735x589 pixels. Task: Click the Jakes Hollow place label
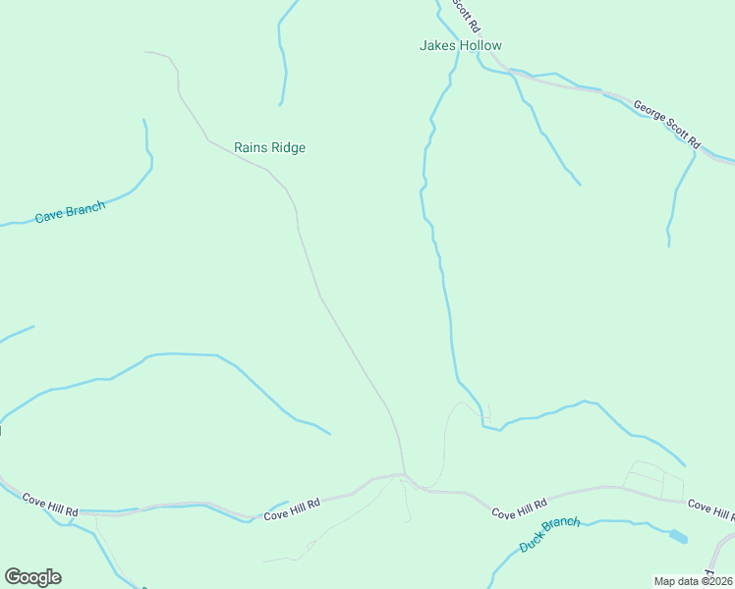coord(460,45)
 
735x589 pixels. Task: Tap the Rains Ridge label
coord(269,148)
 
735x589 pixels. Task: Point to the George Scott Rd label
coord(666,124)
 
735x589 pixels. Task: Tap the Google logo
coord(32,577)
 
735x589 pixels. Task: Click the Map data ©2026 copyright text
coord(694,581)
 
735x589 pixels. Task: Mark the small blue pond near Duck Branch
coord(678,537)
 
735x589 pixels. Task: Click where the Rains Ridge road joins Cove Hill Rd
coord(403,476)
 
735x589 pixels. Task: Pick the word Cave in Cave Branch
coord(49,216)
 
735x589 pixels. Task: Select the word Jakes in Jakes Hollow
coord(436,45)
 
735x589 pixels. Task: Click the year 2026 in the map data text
coord(717,581)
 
